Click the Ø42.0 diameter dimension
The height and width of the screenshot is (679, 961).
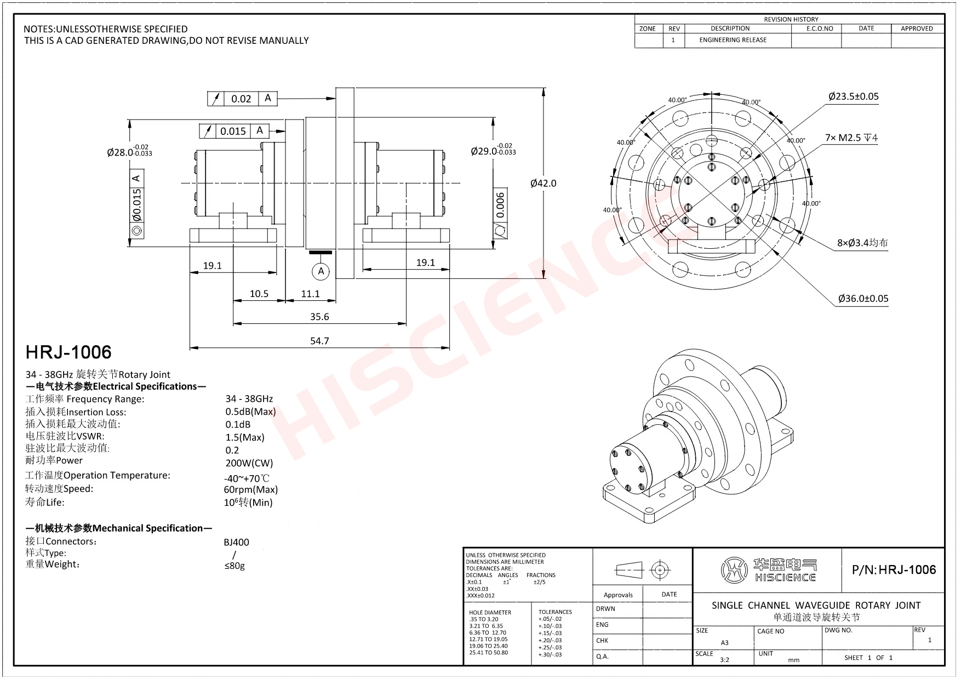coord(543,183)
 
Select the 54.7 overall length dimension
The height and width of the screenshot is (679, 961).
coord(319,341)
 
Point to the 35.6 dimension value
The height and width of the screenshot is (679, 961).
coord(319,317)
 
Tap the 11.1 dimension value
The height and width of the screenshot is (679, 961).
coord(310,294)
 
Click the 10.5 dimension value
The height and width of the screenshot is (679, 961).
coord(259,294)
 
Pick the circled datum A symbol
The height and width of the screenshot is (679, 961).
coord(321,271)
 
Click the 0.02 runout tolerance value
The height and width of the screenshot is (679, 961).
coord(241,99)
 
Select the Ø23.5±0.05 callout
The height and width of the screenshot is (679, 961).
coord(853,96)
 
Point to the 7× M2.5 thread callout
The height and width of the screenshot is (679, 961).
coord(851,138)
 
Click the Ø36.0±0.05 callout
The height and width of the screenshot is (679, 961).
coord(863,299)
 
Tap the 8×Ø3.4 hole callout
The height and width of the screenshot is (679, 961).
coord(862,243)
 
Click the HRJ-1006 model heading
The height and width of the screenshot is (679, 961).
coord(68,352)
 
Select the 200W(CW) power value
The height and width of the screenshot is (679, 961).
coord(249,463)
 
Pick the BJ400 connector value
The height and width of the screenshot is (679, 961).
coord(236,542)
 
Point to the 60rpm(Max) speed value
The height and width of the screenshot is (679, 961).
coord(250,489)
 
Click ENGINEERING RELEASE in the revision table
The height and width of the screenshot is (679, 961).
coord(733,40)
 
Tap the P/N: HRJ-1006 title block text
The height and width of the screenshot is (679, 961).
coord(894,570)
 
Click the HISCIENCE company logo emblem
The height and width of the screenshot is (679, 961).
coord(734,570)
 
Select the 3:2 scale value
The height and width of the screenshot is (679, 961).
coord(724,660)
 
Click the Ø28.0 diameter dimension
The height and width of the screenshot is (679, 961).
coord(129,152)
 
